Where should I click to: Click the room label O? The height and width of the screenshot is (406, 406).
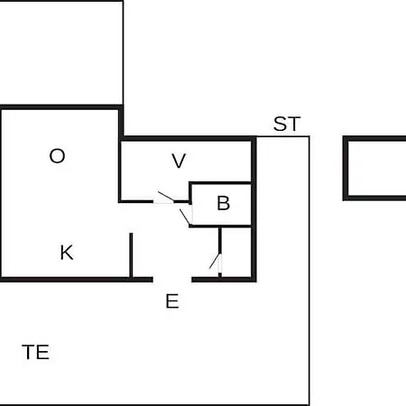57,156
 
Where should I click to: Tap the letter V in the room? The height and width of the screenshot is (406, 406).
179,161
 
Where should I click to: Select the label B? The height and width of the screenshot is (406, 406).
224,203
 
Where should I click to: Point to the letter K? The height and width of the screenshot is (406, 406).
67,253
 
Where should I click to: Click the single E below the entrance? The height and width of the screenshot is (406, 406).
172,301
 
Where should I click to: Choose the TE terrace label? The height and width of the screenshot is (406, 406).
35,352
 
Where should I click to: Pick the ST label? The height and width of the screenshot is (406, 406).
287,124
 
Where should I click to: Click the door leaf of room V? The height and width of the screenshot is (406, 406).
166,196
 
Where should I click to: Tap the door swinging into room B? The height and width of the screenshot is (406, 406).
185,217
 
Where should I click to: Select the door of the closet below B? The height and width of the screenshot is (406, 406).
215,261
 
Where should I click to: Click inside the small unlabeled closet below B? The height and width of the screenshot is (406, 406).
236,252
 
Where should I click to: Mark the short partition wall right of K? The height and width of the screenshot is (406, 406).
131,255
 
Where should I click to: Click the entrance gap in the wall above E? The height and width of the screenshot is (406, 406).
172,280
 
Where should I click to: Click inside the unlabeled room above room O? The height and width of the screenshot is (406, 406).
61,52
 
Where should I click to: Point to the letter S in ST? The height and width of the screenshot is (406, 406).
281,124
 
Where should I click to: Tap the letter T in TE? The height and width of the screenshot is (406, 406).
29,352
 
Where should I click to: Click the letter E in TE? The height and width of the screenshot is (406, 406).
43,352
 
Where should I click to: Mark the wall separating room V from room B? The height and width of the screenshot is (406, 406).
220,183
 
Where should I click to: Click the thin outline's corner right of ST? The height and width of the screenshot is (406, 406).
309,137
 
